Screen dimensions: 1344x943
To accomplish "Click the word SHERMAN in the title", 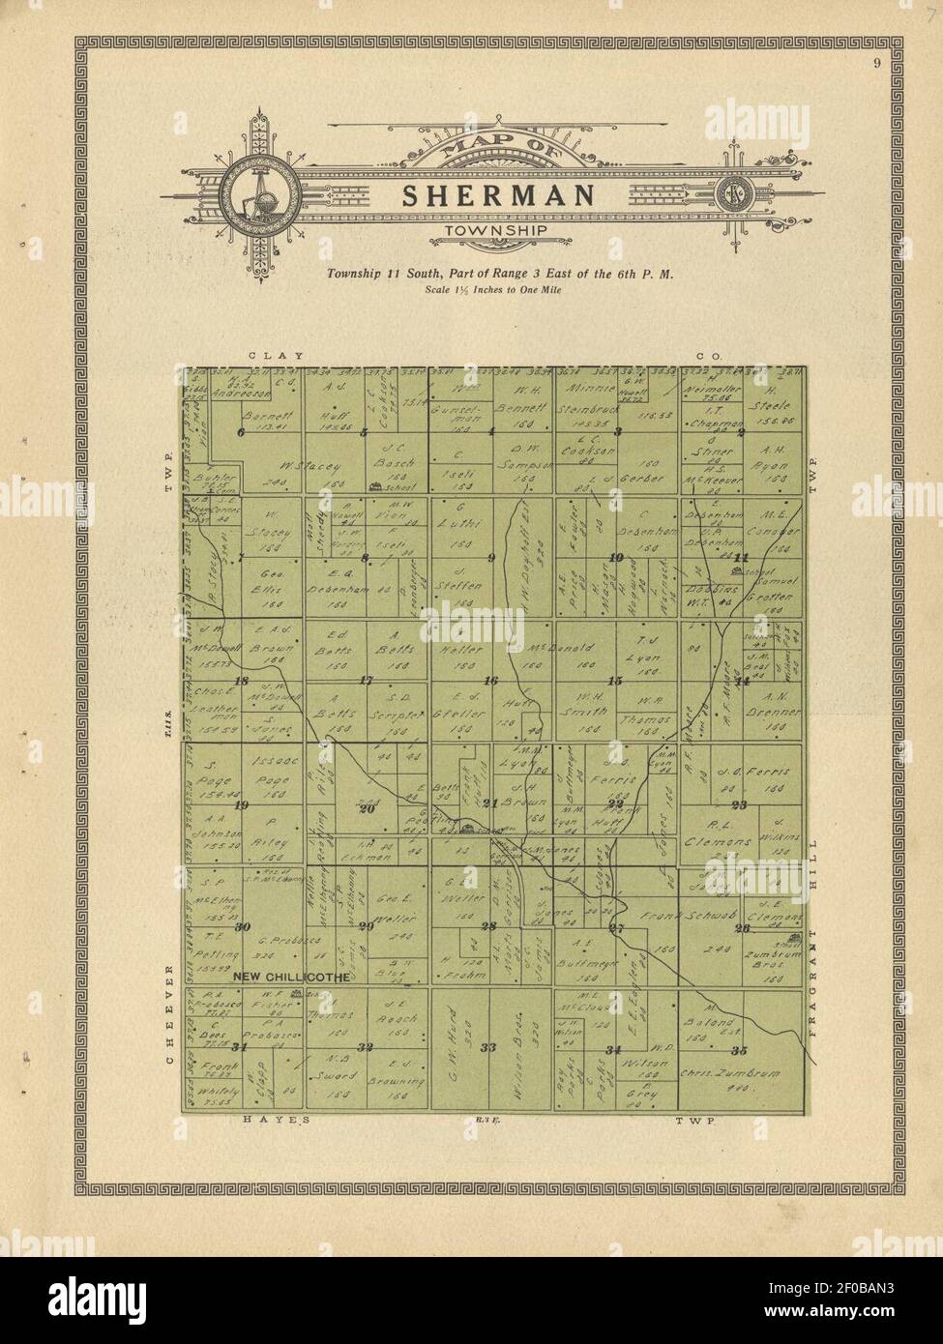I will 497,195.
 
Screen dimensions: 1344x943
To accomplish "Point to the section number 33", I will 488,1047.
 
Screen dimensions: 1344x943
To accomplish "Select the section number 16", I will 490,681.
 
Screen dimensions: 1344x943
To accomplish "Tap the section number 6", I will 241,432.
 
